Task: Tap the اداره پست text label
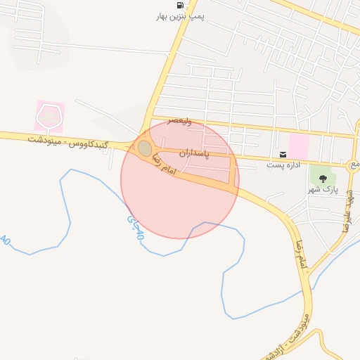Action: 283,165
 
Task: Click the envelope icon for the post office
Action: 283,154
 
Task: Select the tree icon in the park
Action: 323,179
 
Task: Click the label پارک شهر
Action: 323,190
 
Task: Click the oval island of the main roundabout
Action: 144,148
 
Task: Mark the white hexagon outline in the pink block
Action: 49,116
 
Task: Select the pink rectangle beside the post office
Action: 298,147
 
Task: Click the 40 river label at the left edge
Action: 6,240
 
